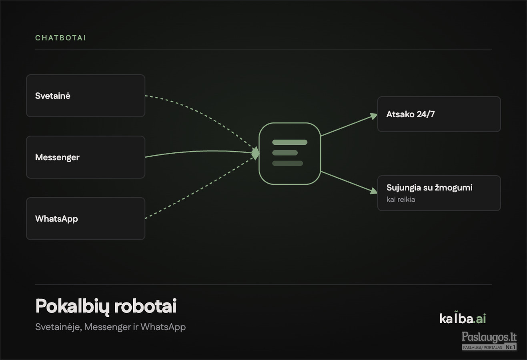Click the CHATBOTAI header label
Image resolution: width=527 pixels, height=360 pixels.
point(60,38)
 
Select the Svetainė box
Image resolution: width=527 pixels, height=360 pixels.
point(86,96)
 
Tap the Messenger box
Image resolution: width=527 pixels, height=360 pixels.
point(86,157)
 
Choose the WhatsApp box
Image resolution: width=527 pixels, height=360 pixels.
point(86,219)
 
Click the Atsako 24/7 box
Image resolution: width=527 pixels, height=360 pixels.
point(439,114)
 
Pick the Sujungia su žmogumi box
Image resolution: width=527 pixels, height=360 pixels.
point(439,193)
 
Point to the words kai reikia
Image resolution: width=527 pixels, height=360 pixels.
point(401,199)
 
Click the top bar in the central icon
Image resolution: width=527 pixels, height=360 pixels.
point(290,142)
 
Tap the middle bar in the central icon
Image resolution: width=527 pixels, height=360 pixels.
point(285,153)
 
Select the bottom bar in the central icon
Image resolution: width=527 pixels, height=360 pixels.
point(287,163)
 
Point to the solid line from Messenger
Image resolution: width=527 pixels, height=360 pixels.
point(200,151)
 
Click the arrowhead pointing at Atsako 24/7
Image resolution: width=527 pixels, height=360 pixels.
point(374,116)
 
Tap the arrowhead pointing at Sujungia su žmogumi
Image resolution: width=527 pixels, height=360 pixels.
point(374,191)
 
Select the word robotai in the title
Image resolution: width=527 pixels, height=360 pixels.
point(146,306)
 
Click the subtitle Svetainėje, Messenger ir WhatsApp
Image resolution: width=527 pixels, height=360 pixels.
point(110,327)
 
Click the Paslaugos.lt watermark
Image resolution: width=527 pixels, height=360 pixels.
point(489,341)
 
